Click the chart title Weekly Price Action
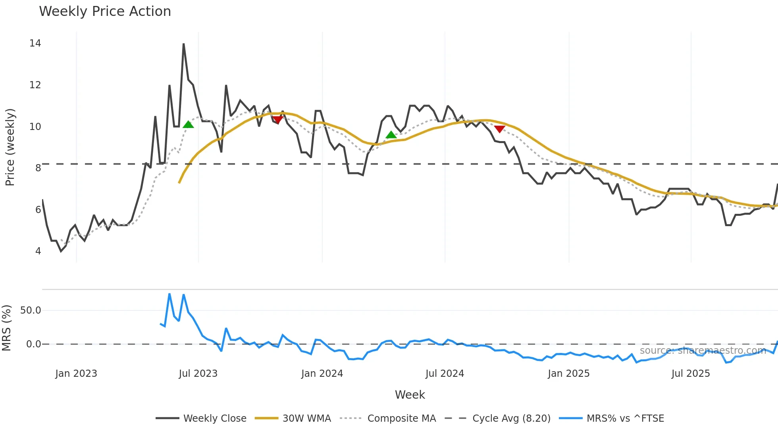point(105,12)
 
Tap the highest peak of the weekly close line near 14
point(183,44)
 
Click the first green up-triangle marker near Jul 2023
point(188,125)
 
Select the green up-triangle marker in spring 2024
point(391,135)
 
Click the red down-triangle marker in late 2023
point(277,120)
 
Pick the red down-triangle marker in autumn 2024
point(499,129)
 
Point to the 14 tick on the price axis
point(35,43)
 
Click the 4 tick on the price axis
point(38,251)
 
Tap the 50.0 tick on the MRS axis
point(31,310)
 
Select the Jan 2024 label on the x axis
point(322,374)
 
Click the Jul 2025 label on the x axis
point(690,374)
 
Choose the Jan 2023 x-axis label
point(76,374)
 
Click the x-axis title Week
point(410,395)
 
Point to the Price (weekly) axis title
point(10,147)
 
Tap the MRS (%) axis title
point(6,328)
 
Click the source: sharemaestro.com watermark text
point(703,351)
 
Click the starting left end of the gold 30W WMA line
point(179,182)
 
